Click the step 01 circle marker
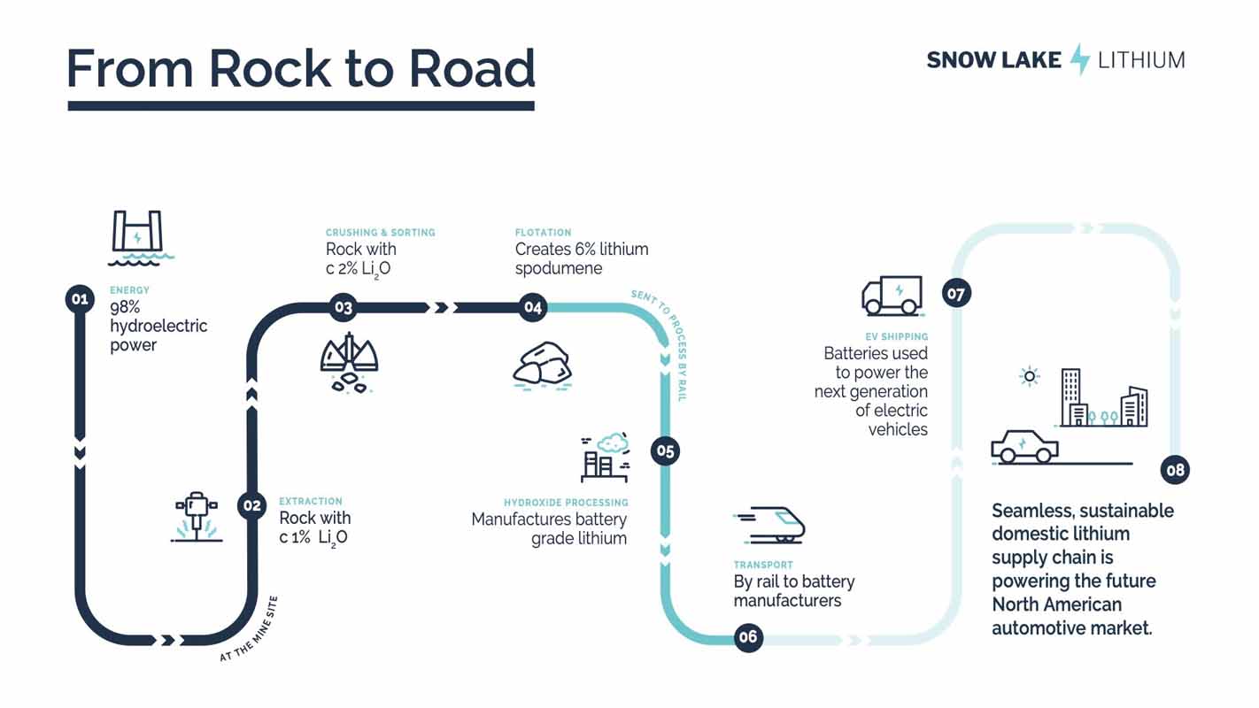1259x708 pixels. [x=80, y=299]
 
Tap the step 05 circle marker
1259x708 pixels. [x=665, y=450]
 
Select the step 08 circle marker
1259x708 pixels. [x=1175, y=470]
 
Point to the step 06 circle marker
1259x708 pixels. [x=748, y=636]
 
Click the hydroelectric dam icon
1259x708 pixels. [x=141, y=238]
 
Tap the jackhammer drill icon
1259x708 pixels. [x=197, y=517]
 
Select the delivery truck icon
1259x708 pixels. [x=892, y=296]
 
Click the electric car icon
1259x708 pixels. [x=1024, y=447]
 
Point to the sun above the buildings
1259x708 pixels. [x=1030, y=376]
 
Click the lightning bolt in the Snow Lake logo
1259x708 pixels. [x=1079, y=59]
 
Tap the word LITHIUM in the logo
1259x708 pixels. [x=1141, y=60]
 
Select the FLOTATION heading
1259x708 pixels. [x=543, y=232]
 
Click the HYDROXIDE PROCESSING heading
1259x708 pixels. [x=566, y=503]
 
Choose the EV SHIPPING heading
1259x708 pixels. [x=897, y=336]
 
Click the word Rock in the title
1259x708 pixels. [x=270, y=68]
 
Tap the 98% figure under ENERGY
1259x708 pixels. [x=125, y=307]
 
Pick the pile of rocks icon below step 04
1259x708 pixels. [x=543, y=366]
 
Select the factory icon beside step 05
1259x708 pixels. [x=606, y=458]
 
